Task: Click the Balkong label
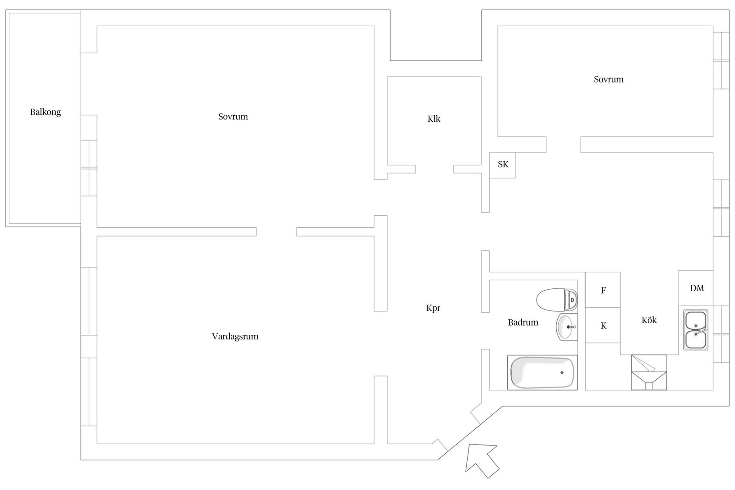click(x=45, y=112)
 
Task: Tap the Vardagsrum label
click(x=235, y=336)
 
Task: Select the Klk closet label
click(x=434, y=119)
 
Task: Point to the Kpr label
click(x=433, y=308)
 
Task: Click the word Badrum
click(x=523, y=322)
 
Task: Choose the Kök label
click(x=649, y=320)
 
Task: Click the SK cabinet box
click(x=503, y=165)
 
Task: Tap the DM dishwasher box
click(x=695, y=288)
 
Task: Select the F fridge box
click(x=603, y=290)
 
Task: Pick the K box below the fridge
click(x=603, y=325)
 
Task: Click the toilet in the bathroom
click(x=557, y=300)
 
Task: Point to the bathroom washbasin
click(x=567, y=327)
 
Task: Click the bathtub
click(x=543, y=372)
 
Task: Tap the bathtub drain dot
click(x=562, y=372)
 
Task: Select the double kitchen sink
click(x=695, y=330)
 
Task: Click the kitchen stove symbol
click(x=649, y=372)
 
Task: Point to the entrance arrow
click(x=482, y=461)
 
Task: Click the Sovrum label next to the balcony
click(x=233, y=117)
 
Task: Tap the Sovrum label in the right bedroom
click(x=609, y=79)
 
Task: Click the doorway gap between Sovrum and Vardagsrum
click(x=277, y=231)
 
